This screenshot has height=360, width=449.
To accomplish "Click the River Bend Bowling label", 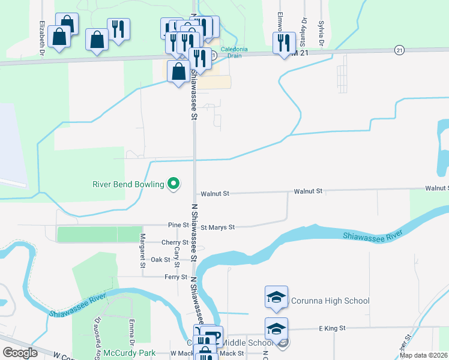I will coord(128,184).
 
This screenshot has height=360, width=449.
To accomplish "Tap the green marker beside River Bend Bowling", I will coord(174,184).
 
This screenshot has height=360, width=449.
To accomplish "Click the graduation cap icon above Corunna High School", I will coord(276,297).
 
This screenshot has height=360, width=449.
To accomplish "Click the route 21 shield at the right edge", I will coord(399,51).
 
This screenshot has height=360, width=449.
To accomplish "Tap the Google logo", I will coord(20,353).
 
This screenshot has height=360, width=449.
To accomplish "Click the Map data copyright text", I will coord(423,355).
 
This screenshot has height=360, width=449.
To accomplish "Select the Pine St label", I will coord(178,226).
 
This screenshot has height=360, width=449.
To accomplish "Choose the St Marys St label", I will coord(217,227).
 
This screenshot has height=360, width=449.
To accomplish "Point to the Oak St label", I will coord(160,260).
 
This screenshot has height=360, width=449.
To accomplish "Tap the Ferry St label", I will coord(176,277).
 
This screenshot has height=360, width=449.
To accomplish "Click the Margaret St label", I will coord(143,250).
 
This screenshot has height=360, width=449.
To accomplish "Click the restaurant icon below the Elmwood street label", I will coord(284,43).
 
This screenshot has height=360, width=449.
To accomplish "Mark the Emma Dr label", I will coord(131,331).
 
